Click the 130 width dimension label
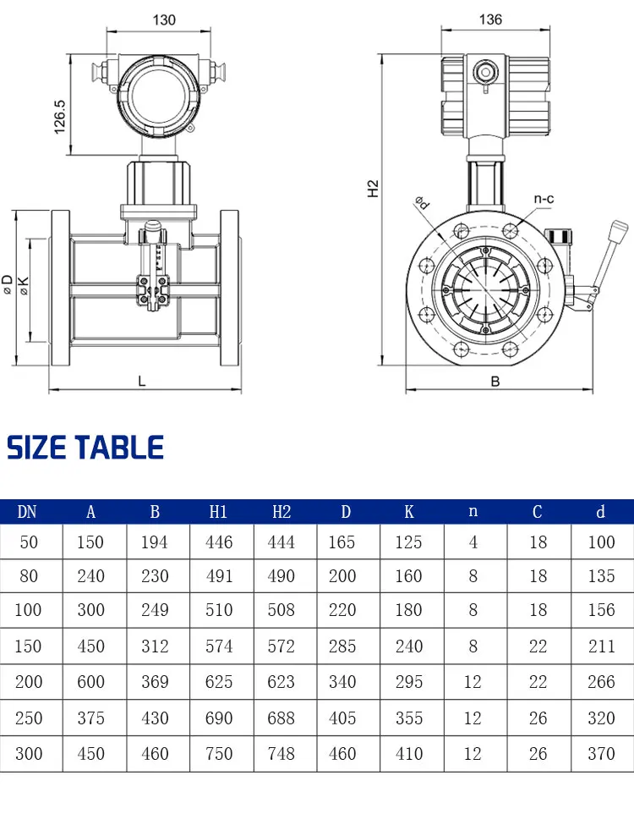(164, 20)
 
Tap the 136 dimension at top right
(490, 19)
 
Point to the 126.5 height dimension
(60, 117)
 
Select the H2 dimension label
(373, 189)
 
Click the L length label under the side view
(142, 382)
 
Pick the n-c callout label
(544, 199)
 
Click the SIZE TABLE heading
(85, 448)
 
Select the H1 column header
(218, 512)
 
